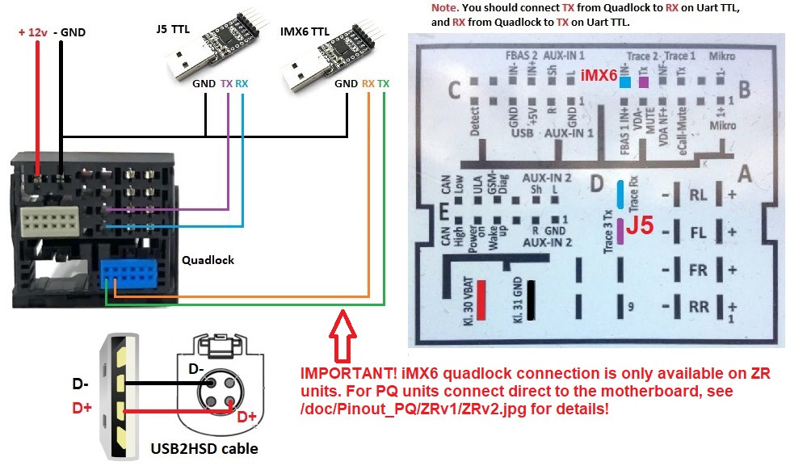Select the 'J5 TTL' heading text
tap(174, 30)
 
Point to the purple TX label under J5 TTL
tap(227, 83)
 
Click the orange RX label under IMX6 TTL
tap(368, 83)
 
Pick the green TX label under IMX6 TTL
tap(383, 83)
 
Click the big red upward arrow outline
tap(340, 338)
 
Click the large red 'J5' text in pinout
tap(639, 225)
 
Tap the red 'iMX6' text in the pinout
tap(599, 75)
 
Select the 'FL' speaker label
tap(698, 233)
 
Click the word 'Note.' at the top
tap(444, 7)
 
